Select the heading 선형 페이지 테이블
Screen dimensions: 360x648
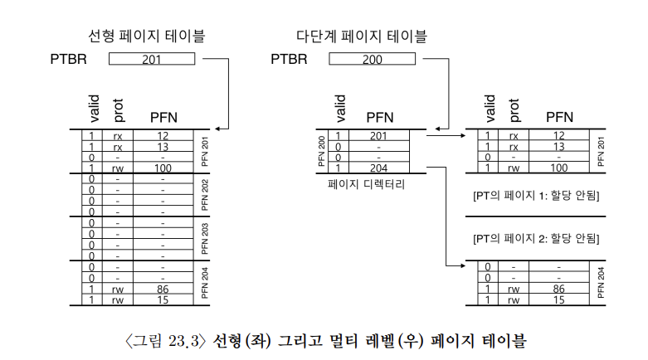click(149, 36)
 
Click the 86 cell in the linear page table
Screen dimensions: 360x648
click(162, 289)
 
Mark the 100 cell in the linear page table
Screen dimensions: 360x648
click(162, 168)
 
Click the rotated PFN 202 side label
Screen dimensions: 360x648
click(204, 194)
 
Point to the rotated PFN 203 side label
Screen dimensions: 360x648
click(204, 238)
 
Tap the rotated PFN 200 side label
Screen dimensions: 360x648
click(320, 151)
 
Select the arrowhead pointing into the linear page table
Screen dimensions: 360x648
click(217, 129)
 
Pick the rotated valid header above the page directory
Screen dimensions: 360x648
click(339, 109)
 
